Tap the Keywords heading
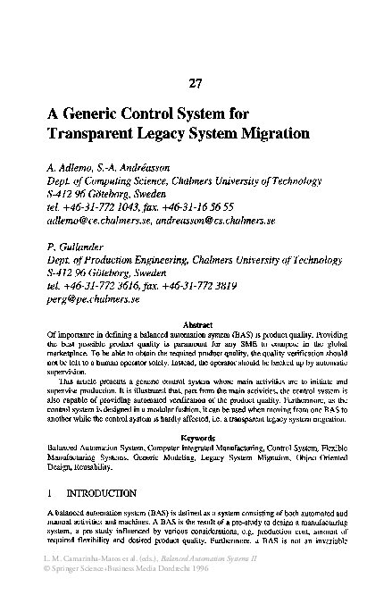(196, 437)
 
